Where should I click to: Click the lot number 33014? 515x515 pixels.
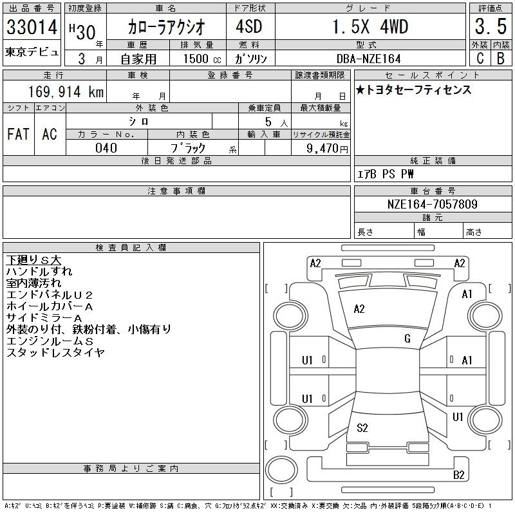coord(32,27)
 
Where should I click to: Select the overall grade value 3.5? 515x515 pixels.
coord(491,26)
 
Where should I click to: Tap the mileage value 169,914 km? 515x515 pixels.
coord(66,91)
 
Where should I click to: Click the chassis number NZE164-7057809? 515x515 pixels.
coord(433,204)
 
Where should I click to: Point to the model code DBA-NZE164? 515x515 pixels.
coord(369,59)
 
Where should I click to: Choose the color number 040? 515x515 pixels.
coord(106,148)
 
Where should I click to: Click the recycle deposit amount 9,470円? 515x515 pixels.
coord(327,149)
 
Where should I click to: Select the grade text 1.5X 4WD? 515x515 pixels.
coord(370,26)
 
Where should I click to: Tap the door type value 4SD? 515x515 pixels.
coord(249,26)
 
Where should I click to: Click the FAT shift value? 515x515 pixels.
coord(19,135)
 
